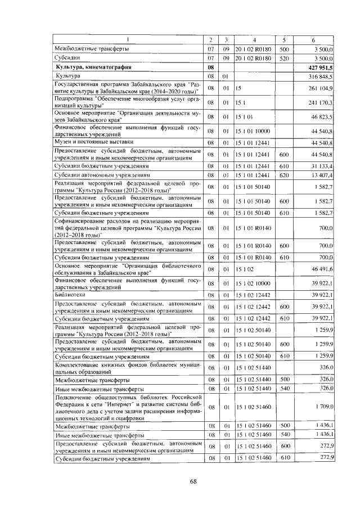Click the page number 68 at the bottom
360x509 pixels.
click(193, 481)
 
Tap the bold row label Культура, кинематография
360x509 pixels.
click(93, 66)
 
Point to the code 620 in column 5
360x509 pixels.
click(284, 175)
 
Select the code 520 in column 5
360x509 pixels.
click(284, 57)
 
